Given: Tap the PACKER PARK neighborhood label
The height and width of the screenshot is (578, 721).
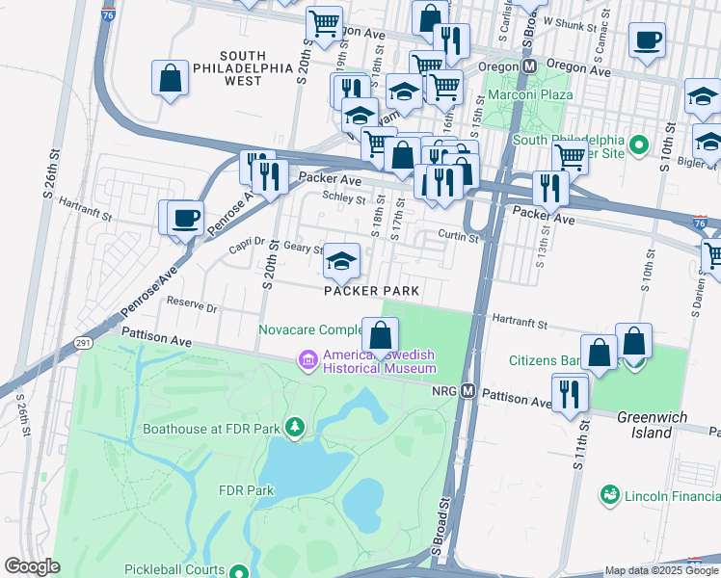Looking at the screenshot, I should pos(371,290).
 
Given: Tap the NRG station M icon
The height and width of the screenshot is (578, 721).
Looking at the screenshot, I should pos(468,391).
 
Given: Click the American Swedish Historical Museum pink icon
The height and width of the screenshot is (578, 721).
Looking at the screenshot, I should pos(308,360).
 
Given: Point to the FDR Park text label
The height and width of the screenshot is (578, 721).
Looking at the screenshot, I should pos(247,490).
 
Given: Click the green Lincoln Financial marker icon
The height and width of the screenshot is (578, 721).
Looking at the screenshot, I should pos(609,496).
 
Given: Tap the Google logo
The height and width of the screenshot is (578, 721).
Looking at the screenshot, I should pos(32,566).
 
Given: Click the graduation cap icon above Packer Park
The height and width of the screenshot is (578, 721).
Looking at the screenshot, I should pos(340,260).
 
